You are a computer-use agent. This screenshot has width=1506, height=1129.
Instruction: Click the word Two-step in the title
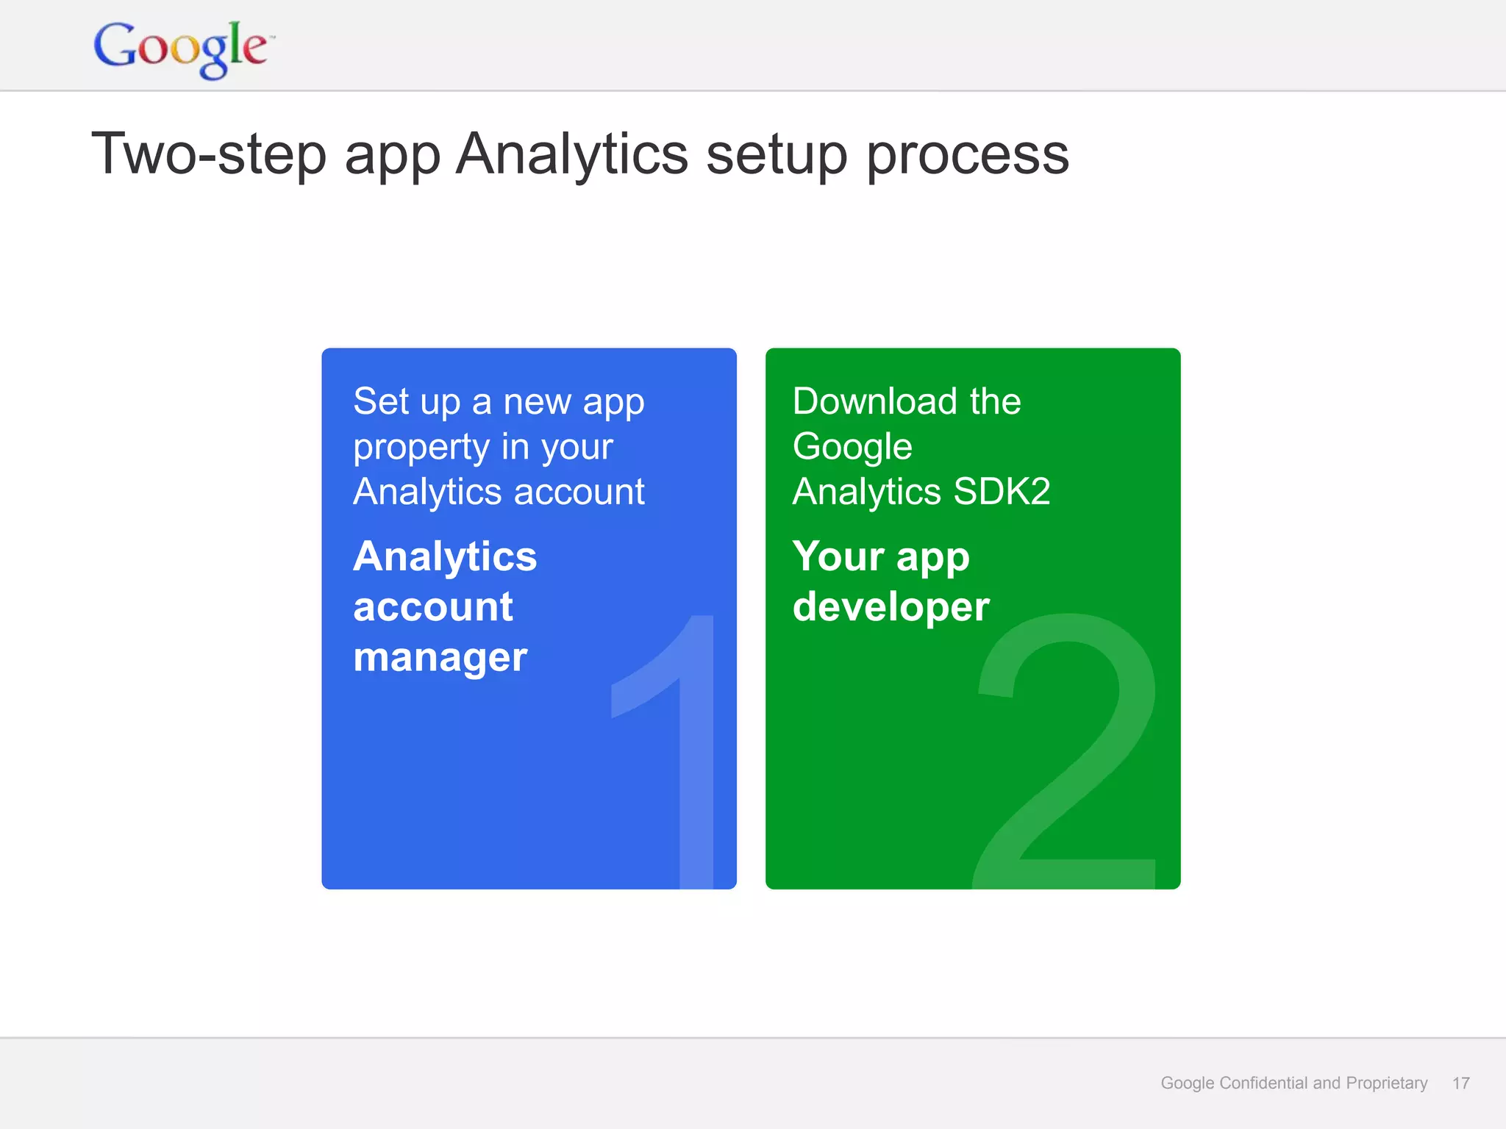208,154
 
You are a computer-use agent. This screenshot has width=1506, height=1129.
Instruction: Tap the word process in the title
968,156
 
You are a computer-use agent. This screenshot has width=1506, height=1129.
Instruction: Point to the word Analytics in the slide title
571,154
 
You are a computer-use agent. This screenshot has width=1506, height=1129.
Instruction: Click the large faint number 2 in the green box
1066,750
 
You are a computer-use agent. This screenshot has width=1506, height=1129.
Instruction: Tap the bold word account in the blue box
432,607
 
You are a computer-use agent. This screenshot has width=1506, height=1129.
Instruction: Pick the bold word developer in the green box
891,608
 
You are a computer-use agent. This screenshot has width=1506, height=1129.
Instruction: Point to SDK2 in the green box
1002,491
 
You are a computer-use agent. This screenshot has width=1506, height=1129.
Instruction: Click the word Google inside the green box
852,447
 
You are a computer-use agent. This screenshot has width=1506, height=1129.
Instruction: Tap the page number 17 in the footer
1460,1083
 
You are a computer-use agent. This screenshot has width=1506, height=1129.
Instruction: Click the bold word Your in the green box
838,556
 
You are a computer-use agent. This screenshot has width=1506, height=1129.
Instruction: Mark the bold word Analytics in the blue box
445,556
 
